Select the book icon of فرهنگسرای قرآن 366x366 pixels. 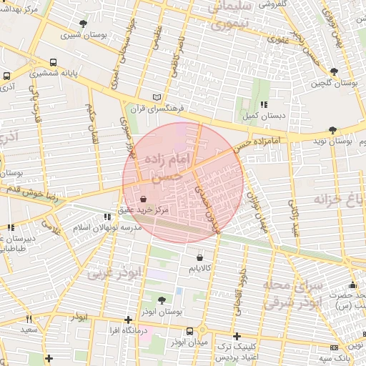pos(157,97)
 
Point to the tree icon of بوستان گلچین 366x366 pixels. pos(335,71)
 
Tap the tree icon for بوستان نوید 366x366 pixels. pos(332,130)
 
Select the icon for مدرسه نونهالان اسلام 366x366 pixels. pos(107,216)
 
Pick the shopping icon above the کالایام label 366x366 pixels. pos(198,257)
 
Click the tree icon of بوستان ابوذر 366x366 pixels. pos(162,301)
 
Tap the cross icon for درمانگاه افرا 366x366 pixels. pos(128,320)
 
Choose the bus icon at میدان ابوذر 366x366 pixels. pos(189,331)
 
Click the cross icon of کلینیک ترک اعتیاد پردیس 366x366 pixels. pos(237,336)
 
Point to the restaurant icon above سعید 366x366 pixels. pos(29,319)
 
